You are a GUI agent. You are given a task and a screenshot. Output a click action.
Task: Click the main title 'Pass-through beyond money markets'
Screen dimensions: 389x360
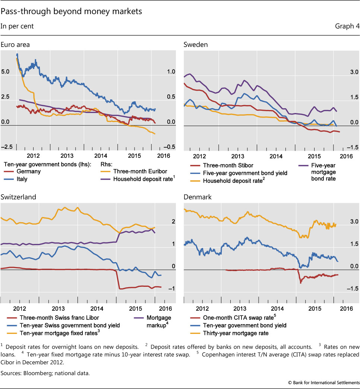(71, 12)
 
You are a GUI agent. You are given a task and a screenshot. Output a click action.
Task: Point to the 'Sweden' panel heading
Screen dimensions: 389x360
(196, 45)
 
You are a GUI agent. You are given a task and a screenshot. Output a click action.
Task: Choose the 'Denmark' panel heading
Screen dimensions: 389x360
(198, 197)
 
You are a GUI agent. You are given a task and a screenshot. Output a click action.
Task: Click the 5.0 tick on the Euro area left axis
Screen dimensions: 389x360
(6, 71)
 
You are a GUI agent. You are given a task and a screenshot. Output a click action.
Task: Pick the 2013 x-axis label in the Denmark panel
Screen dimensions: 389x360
(241, 308)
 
